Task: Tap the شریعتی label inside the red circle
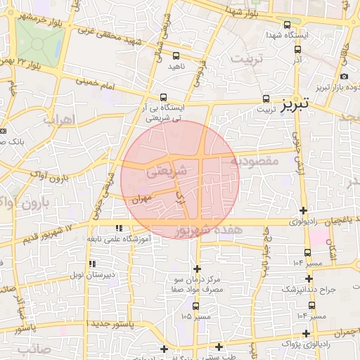pyautogui.click(x=169, y=170)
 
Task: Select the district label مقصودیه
pyautogui.click(x=255, y=161)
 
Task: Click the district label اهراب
pyautogui.click(x=58, y=119)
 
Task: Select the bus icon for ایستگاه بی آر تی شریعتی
pyautogui.click(x=164, y=98)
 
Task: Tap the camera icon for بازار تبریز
pyautogui.click(x=344, y=77)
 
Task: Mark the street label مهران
pyautogui.click(x=141, y=199)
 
